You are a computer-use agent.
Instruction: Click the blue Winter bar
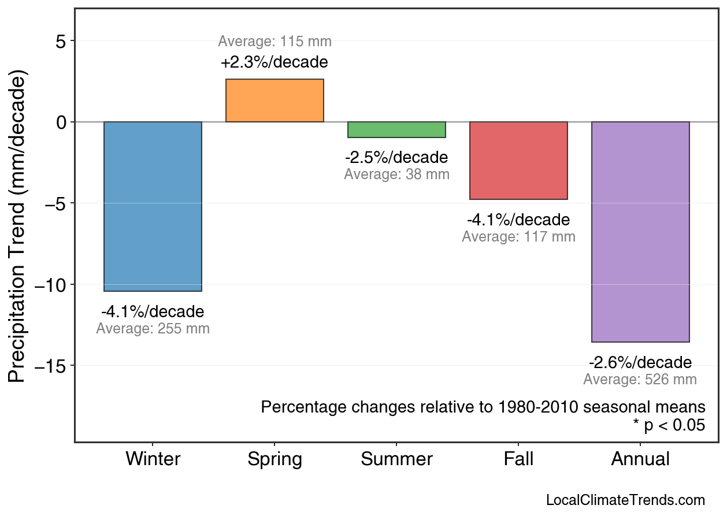point(153,206)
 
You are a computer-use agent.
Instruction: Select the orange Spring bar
point(275,101)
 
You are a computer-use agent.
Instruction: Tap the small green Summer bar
point(396,129)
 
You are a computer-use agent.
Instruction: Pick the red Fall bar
point(518,161)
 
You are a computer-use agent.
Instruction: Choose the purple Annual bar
point(640,232)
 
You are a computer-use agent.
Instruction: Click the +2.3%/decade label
point(275,62)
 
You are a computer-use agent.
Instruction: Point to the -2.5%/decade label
point(396,157)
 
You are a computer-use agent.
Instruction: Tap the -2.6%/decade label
point(640,362)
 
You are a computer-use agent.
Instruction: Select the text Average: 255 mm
point(153,329)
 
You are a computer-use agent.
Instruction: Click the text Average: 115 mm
point(275,42)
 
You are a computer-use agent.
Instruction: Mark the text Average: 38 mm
point(396,174)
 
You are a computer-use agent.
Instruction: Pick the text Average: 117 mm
point(518,236)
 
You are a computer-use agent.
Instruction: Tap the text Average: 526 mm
point(640,380)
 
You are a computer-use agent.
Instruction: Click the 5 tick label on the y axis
point(61,41)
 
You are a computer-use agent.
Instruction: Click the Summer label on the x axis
point(396,459)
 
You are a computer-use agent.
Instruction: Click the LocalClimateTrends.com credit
point(625,500)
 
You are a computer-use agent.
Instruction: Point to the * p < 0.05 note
point(669,425)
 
